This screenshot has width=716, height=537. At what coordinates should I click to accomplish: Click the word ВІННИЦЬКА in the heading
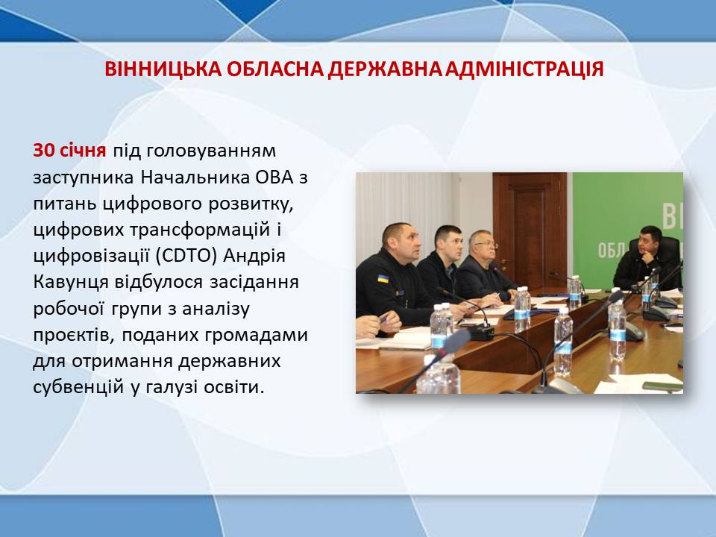tap(162, 69)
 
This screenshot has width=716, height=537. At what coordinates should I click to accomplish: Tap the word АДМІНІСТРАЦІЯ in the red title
tap(524, 69)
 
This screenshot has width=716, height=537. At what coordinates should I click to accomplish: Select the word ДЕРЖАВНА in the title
tap(386, 69)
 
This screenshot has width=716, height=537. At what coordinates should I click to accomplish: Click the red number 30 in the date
tap(44, 150)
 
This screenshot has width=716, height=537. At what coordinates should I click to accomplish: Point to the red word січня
tap(83, 150)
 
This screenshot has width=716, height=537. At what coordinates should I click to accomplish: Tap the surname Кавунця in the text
tap(70, 283)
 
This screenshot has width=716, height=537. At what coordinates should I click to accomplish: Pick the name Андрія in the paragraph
tap(254, 256)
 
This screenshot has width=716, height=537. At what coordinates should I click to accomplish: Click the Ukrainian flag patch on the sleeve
tap(383, 278)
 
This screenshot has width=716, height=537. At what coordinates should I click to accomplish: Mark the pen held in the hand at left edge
tap(383, 318)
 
